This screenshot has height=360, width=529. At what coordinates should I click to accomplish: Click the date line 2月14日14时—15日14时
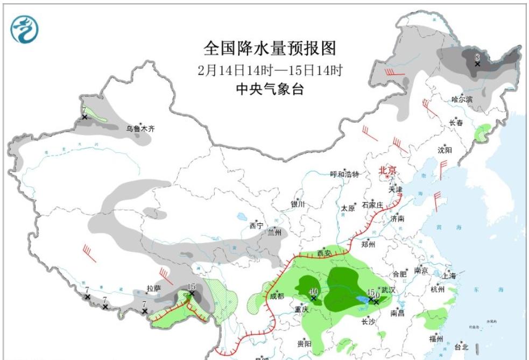[270, 70]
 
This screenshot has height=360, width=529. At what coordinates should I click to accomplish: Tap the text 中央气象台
[270, 89]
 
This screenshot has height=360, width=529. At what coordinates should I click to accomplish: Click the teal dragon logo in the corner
[25, 29]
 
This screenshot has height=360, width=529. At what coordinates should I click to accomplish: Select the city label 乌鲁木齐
[140, 129]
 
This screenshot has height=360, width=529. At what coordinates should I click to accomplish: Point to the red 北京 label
[387, 171]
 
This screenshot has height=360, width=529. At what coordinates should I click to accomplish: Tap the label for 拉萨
[154, 289]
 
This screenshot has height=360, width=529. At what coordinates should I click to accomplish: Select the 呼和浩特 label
[344, 174]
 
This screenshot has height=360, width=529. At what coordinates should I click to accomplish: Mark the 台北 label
[462, 347]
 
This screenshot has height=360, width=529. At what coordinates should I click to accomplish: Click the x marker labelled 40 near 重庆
[313, 298]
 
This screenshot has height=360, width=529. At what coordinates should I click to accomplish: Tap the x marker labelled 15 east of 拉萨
[191, 294]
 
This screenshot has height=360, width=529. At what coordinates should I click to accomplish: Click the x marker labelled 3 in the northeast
[477, 63]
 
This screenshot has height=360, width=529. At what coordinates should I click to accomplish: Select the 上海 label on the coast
[448, 276]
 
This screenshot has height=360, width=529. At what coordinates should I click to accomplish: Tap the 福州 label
[435, 338]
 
